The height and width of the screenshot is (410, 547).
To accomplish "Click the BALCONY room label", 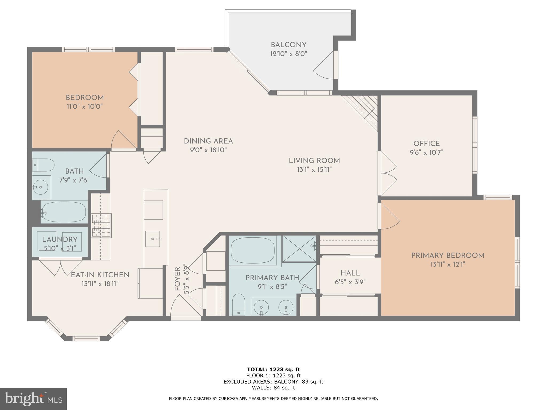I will pyautogui.click(x=288, y=45).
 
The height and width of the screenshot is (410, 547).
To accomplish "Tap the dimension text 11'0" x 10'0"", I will pyautogui.click(x=85, y=107).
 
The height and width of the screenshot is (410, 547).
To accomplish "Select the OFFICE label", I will pyautogui.click(x=426, y=144).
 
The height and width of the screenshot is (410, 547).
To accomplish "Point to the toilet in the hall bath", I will pyautogui.click(x=44, y=165).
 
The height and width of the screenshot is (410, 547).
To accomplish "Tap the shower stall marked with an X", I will pyautogui.click(x=299, y=249).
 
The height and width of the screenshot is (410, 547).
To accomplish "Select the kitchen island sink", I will pyautogui.click(x=153, y=239).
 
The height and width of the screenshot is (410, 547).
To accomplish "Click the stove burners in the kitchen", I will pyautogui.click(x=101, y=226).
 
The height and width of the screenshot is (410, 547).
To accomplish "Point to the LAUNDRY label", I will pyautogui.click(x=60, y=239).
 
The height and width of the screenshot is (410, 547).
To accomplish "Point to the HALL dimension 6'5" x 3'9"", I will pyautogui.click(x=350, y=282).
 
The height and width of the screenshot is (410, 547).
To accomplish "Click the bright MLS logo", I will pyautogui.click(x=33, y=399).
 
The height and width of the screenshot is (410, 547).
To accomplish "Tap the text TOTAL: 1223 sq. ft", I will pyautogui.click(x=273, y=369).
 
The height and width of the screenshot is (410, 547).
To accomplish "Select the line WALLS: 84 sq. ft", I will pyautogui.click(x=273, y=388).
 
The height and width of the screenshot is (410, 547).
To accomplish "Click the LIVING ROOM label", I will pyautogui.click(x=314, y=161).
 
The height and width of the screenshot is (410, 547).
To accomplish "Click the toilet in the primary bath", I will pyautogui.click(x=239, y=304).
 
